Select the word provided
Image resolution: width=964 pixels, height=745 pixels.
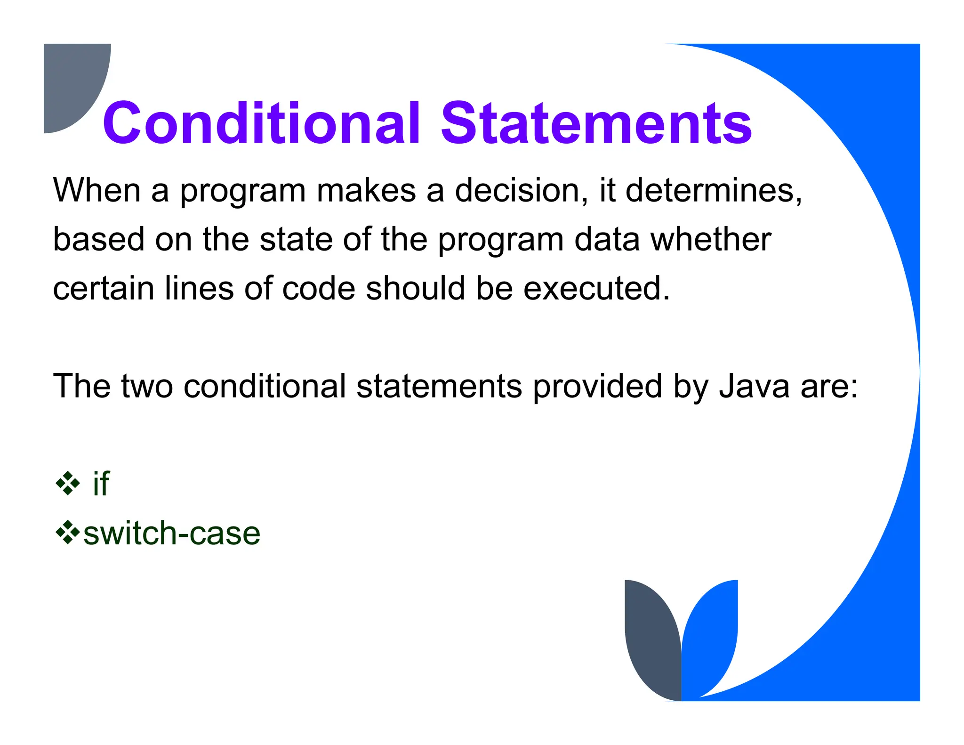[598, 386]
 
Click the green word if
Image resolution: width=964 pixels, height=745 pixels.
[101, 484]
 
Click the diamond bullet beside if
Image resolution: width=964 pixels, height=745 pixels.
[68, 483]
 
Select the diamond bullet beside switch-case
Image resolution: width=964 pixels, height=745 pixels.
[68, 532]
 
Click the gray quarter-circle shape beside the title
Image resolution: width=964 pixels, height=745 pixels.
[71, 80]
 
